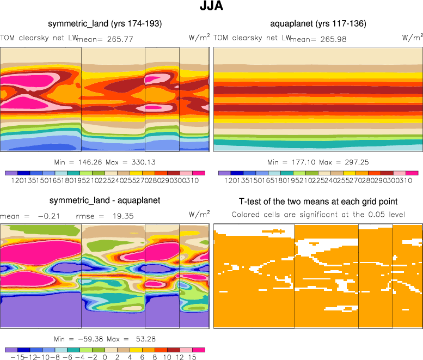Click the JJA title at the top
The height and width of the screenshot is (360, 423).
click(211, 7)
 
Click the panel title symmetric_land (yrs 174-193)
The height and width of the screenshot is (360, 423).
click(105, 24)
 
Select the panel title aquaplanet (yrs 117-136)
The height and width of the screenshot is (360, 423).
click(318, 24)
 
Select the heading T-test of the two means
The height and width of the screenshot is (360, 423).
click(318, 201)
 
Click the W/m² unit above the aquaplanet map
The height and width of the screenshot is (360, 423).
click(412, 38)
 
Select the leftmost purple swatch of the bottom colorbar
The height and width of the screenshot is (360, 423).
click(11, 350)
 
